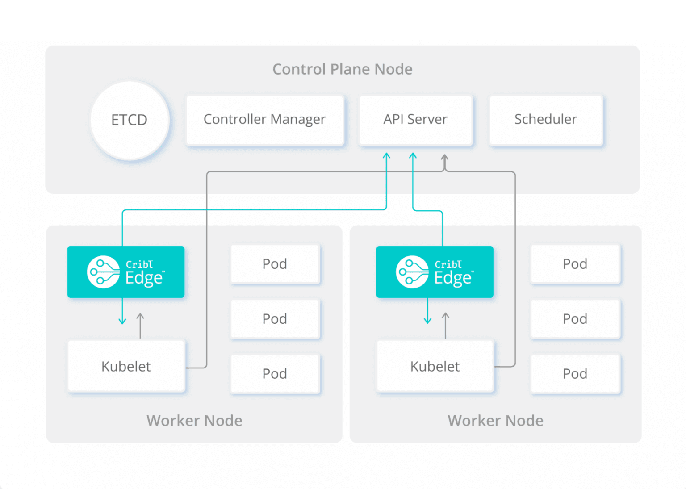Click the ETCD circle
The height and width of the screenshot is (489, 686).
click(130, 120)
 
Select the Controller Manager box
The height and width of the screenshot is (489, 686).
click(265, 120)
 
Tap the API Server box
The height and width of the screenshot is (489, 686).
click(415, 120)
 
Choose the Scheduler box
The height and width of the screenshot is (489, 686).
click(546, 120)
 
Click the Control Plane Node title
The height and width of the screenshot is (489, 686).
click(343, 69)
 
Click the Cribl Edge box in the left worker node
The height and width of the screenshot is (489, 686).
click(126, 272)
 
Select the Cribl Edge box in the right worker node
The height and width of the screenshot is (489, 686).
click(435, 272)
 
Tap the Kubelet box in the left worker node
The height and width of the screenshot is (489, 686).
click(126, 366)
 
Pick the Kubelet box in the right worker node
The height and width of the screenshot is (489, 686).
click(435, 366)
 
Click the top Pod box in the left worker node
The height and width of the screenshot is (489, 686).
click(275, 264)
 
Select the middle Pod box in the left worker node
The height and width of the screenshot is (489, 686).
click(275, 319)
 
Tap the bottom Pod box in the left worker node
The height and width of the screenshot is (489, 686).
click(275, 374)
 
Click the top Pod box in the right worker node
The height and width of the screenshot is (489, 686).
click(575, 264)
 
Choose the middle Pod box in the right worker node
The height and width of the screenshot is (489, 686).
click(575, 319)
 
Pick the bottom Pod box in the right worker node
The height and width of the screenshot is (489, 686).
click(575, 374)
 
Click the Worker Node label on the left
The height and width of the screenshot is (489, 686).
click(194, 421)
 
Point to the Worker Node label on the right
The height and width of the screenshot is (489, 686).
click(495, 421)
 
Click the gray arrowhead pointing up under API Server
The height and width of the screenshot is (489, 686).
click(444, 158)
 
